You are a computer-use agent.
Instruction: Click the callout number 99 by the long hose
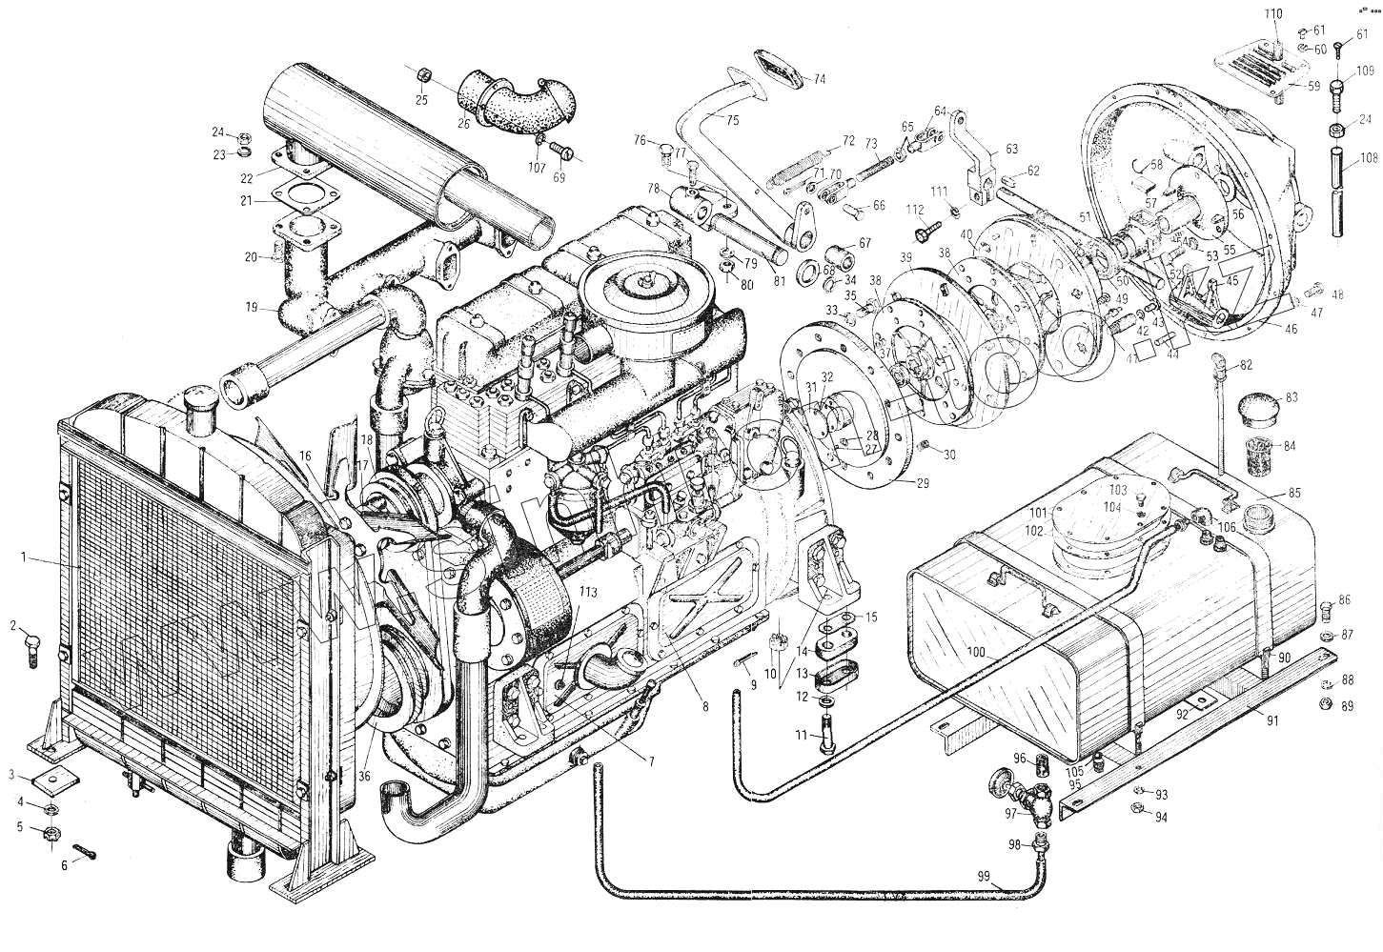(985, 877)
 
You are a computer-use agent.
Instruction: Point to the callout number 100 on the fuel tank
(974, 653)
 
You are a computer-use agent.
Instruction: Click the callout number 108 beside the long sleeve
(1367, 160)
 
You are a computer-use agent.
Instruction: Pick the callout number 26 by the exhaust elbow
(464, 122)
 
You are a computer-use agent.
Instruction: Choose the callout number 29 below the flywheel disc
(922, 484)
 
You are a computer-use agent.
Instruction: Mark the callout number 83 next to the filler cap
(1291, 397)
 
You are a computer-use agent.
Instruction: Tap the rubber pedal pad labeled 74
(779, 71)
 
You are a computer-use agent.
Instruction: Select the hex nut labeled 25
(425, 73)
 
